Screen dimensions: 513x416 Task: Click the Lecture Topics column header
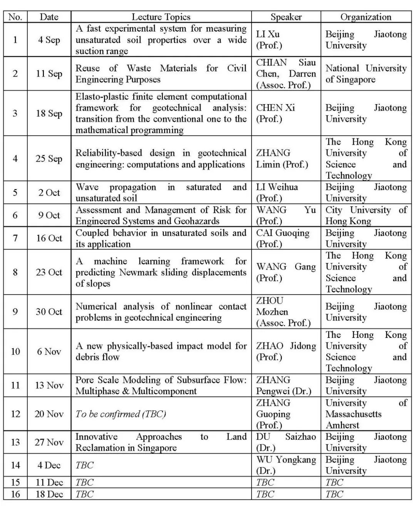[161, 17]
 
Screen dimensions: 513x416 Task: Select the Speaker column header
[286, 17]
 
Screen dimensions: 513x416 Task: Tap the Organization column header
[366, 17]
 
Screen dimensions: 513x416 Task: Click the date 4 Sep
[49, 40]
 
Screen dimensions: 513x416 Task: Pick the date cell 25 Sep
[49, 159]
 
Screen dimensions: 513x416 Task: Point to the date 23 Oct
[49, 272]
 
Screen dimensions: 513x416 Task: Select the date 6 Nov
[49, 351]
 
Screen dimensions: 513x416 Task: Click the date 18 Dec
[49, 494]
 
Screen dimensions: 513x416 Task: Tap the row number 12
[15, 414]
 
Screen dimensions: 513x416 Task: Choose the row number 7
[15, 238]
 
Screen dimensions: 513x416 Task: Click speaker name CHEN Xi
[275, 108]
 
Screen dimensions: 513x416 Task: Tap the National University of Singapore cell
[366, 74]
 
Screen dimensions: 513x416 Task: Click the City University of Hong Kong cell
[366, 215]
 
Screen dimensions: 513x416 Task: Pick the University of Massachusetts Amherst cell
[366, 414]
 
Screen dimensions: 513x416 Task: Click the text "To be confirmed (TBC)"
[121, 414]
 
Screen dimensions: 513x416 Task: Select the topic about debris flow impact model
[161, 351]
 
